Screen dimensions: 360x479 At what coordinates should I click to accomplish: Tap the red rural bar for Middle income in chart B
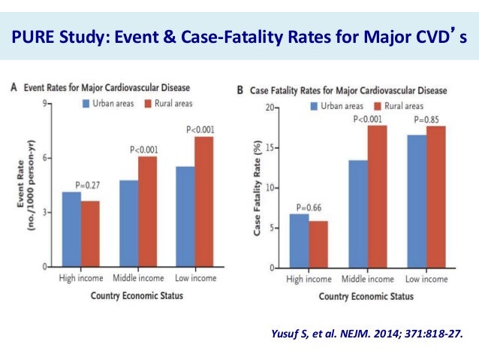(377, 196)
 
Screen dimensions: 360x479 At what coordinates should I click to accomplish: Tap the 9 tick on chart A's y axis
(47, 102)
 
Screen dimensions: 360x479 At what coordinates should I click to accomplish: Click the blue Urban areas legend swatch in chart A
(86, 102)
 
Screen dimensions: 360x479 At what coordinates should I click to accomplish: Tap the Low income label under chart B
(426, 280)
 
